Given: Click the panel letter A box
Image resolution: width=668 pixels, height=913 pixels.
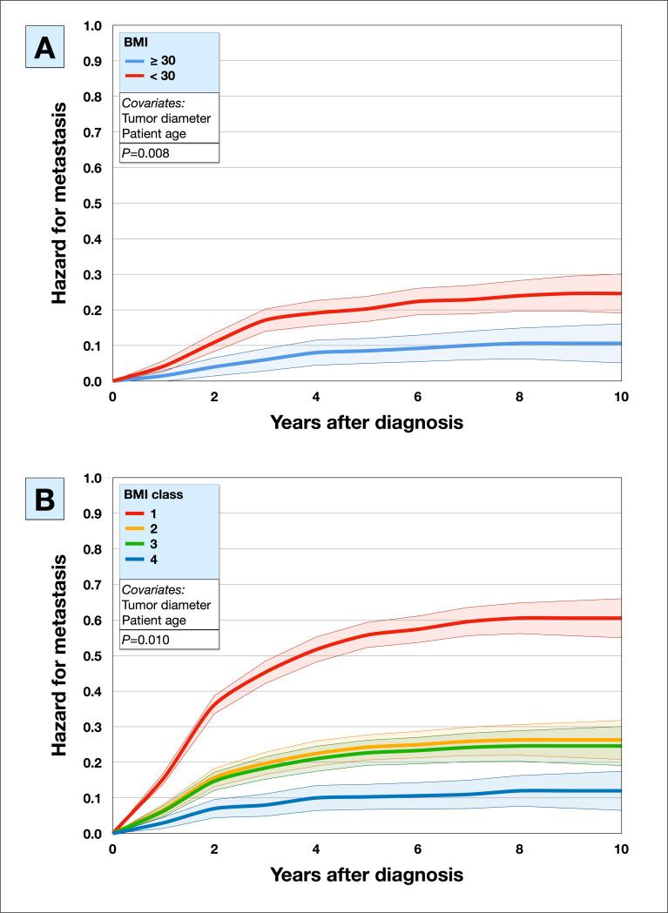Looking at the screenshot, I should coord(44,50).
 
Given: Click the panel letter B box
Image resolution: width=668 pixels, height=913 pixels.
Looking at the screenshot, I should coord(44,502).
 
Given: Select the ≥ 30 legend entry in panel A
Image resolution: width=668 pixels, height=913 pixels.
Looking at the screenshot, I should coord(157,61).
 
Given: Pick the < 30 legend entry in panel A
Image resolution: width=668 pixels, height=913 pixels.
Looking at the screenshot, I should coord(157,77).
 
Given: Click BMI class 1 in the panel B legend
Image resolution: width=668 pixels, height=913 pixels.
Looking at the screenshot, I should coord(153,514).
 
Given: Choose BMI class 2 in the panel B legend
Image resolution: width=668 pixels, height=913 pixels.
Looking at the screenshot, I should coord(153,529).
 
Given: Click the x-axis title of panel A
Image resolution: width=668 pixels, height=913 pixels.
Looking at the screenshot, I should coord(366,424).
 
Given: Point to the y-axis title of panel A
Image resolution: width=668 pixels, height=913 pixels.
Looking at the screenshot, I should coord(59,204).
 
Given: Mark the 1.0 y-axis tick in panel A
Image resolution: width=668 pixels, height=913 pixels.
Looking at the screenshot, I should coord(92,25).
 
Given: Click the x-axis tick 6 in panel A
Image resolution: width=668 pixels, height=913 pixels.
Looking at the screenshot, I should coord(417,397).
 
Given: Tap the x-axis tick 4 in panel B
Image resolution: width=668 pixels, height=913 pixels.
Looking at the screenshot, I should coord(315,849).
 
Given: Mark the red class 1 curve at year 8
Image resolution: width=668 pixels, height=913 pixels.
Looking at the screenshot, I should coord(519,618).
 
